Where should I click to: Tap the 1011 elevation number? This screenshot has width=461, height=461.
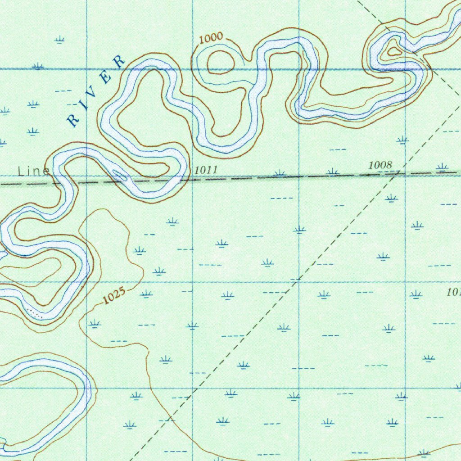point(206,170)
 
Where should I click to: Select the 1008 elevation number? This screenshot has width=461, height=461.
point(380,165)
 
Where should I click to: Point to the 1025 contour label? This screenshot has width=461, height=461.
point(113,295)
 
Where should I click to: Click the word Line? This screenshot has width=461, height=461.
point(33,171)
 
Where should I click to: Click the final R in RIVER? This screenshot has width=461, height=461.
point(119,62)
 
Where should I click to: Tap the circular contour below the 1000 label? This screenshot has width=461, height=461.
point(220,62)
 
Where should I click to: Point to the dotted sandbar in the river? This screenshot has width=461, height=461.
point(35,313)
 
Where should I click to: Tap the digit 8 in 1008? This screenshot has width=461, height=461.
point(389,165)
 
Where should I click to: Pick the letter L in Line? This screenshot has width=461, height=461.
point(21,172)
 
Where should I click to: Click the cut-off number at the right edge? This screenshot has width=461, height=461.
point(454,292)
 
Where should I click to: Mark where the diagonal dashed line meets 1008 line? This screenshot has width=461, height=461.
point(398,173)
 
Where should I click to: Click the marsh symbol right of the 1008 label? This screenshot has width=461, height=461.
point(442,167)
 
